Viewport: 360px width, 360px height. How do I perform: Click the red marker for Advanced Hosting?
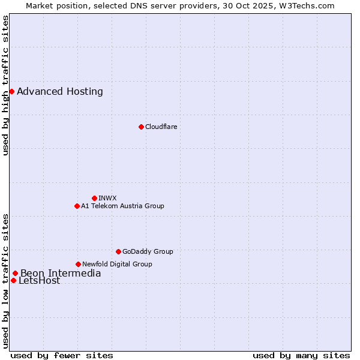(11, 91)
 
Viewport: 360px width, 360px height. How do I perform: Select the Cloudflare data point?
(141, 127)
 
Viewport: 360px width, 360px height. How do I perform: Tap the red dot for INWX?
(94, 198)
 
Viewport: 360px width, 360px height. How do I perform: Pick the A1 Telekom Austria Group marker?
(77, 206)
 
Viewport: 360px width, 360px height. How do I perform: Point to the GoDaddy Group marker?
(118, 251)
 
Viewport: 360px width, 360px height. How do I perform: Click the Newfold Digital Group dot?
(78, 264)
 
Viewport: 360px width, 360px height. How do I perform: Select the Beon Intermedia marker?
(15, 274)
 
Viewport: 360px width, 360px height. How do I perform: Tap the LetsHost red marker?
(13, 280)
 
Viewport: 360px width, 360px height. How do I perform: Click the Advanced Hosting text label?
(60, 91)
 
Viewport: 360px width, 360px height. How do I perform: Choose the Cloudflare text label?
(161, 127)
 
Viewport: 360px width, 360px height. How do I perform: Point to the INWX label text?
(107, 198)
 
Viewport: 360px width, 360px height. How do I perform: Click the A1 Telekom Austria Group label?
(122, 206)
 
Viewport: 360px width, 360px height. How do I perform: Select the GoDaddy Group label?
(148, 251)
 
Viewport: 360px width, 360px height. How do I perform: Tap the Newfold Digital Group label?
(117, 264)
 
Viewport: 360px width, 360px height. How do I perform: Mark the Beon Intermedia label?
(61, 274)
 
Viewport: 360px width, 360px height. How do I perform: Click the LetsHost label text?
(40, 281)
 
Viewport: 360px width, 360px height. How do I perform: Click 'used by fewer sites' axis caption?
(62, 355)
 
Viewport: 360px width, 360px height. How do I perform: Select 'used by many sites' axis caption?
(301, 355)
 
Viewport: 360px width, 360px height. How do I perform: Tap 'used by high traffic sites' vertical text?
(5, 85)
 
